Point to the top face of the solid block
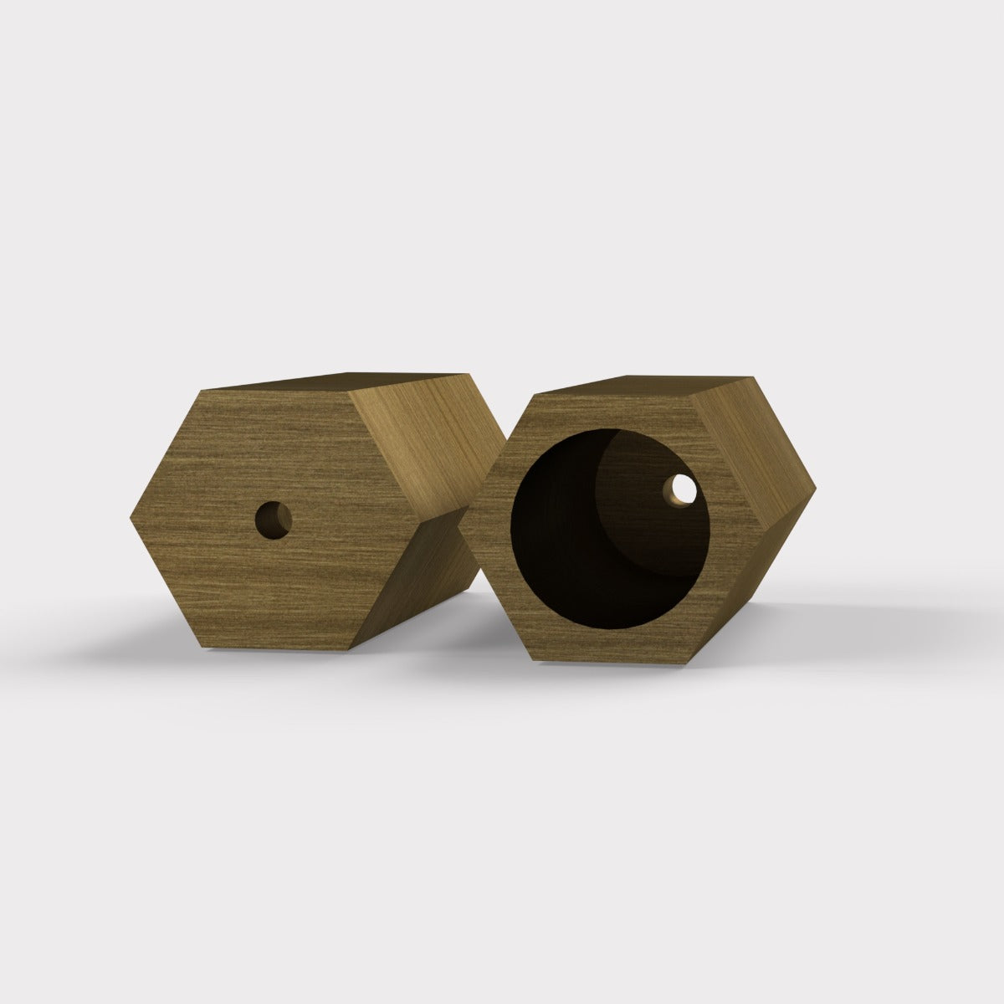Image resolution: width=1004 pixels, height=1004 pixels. [351, 382]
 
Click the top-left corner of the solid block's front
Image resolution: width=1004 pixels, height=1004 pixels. [202, 391]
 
